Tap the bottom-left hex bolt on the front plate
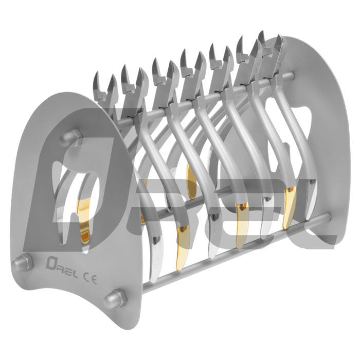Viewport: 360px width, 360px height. point(22,263)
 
